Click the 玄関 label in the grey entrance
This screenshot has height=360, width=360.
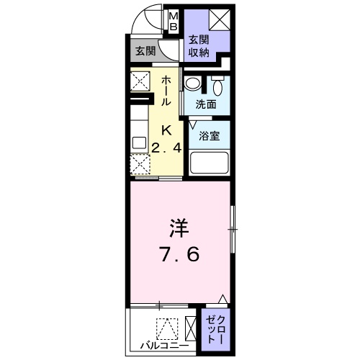point(145,51)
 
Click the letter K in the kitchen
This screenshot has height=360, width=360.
point(166,131)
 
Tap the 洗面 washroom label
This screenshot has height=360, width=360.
point(206,104)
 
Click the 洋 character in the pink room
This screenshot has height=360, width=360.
point(179,230)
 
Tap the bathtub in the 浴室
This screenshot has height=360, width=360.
point(210,163)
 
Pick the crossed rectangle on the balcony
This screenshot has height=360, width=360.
point(190,328)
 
